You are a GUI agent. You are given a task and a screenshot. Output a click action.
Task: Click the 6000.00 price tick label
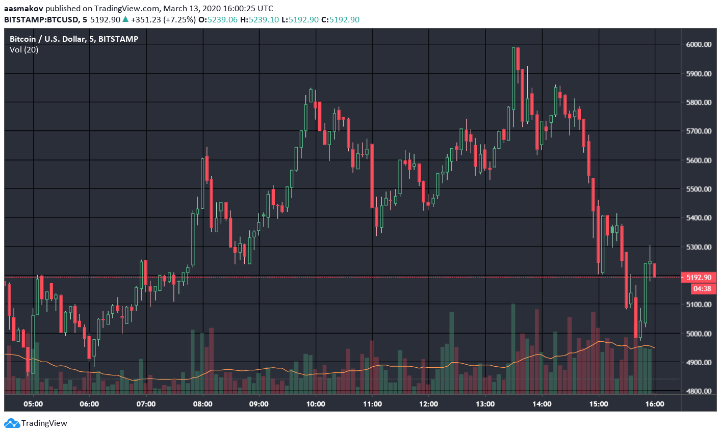(x=699, y=44)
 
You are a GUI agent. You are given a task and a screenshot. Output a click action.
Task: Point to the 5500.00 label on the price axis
(x=699, y=189)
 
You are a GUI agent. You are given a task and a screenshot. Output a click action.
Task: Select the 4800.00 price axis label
(x=699, y=391)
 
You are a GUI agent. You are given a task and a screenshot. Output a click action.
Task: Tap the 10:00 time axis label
(x=316, y=404)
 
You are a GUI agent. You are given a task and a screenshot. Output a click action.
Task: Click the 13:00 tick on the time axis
(x=485, y=404)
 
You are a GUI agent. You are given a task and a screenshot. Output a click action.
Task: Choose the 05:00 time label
(x=33, y=404)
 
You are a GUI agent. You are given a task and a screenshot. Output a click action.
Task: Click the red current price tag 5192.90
(x=699, y=278)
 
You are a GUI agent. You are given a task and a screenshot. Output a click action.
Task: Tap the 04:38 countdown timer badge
(x=702, y=289)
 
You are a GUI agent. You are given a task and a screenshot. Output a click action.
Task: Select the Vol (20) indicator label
(x=24, y=50)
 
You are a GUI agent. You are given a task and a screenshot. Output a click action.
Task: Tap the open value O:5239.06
(x=218, y=20)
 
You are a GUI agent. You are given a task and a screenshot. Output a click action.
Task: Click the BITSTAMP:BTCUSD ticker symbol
(x=41, y=20)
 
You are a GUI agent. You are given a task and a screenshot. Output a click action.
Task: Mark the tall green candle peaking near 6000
(x=513, y=79)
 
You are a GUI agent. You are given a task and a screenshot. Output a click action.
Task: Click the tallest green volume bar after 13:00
(x=513, y=349)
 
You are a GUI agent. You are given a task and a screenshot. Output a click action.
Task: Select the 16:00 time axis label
(x=655, y=404)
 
